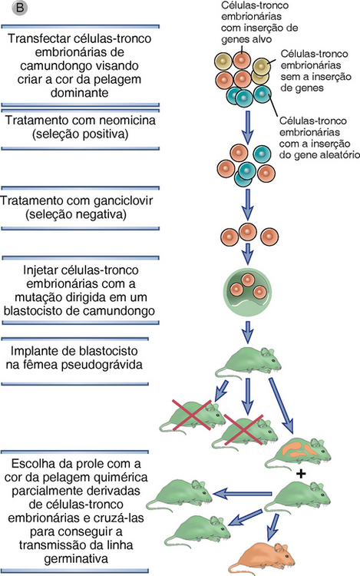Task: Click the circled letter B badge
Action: pos(20,8)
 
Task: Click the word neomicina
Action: pos(126,121)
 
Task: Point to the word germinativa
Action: pos(76,559)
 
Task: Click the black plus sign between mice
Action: pos(301,474)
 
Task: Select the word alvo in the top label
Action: pos(260,39)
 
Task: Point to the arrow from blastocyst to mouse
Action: pos(248,332)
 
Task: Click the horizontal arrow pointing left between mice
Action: pos(243,494)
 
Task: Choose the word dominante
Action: pos(79,93)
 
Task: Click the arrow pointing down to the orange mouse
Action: pos(272,527)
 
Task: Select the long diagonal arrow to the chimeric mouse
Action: pos(281,406)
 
